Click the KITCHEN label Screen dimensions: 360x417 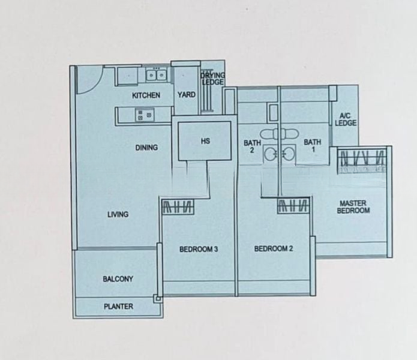pyautogui.click(x=146, y=95)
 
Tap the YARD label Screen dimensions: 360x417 pyautogui.click(x=186, y=95)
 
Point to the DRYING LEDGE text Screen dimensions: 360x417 pyautogui.click(x=212, y=79)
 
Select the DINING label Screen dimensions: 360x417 pyautogui.click(x=146, y=148)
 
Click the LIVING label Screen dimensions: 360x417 pyautogui.click(x=118, y=214)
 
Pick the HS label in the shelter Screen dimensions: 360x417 pyautogui.click(x=205, y=142)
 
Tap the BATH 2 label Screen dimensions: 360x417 pyautogui.click(x=252, y=146)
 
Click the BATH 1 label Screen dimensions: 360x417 pyautogui.click(x=312, y=146)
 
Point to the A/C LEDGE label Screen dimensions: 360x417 pyautogui.click(x=347, y=119)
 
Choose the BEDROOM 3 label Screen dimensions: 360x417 pyautogui.click(x=199, y=249)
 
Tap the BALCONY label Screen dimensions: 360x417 pyautogui.click(x=118, y=279)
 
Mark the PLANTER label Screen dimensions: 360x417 pyautogui.click(x=118, y=307)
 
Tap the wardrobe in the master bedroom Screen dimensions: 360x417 pyautogui.click(x=362, y=160)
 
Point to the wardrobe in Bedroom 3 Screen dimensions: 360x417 pyautogui.click(x=178, y=208)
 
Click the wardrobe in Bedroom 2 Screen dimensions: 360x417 pyautogui.click(x=293, y=208)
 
